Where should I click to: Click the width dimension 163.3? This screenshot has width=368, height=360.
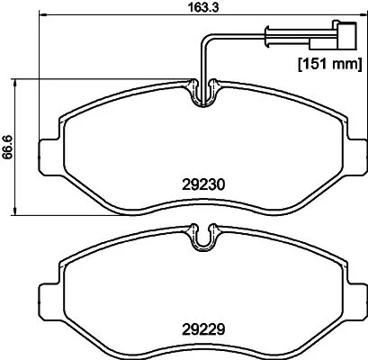pos(186,6)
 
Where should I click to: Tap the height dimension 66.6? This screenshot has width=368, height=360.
pos(8,146)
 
